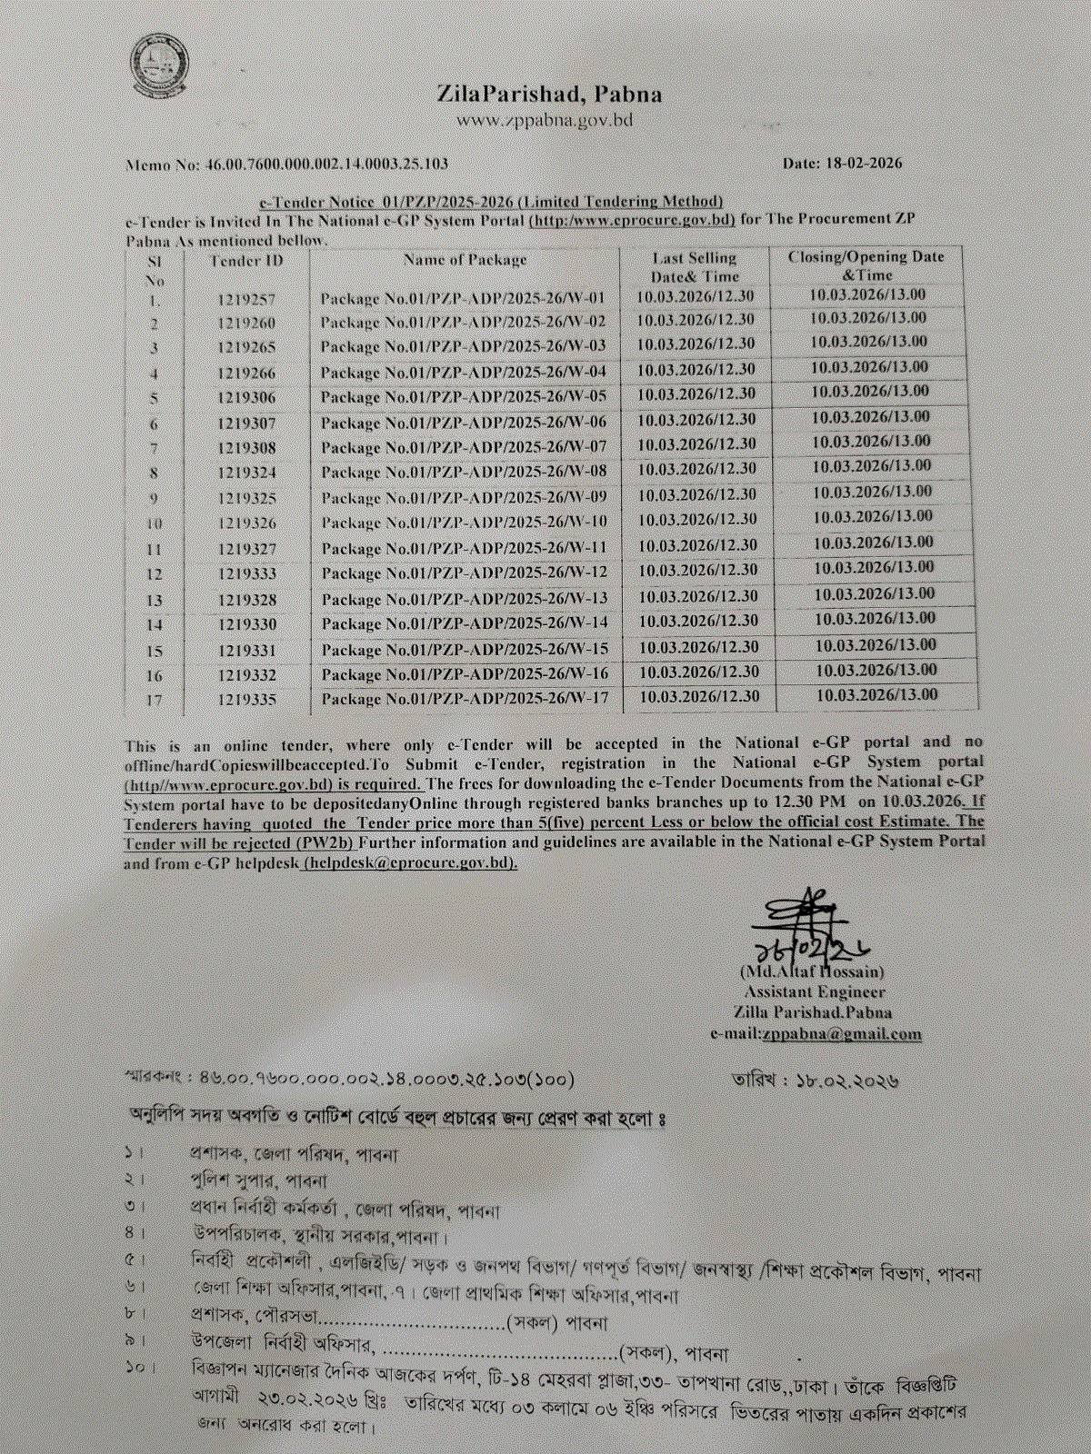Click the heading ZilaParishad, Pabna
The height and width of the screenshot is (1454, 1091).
click(549, 94)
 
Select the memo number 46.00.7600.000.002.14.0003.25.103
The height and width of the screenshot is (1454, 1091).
click(313, 164)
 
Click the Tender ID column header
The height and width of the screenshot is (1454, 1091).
click(246, 261)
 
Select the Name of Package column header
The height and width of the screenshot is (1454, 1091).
click(465, 260)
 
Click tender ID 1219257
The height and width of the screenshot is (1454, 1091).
click(246, 299)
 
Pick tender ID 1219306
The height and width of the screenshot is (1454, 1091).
click(246, 398)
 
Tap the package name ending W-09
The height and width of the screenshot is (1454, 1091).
click(464, 497)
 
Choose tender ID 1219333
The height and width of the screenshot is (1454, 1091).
click(247, 573)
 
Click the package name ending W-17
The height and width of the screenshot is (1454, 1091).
click(465, 699)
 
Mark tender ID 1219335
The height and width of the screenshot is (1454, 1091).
click(247, 699)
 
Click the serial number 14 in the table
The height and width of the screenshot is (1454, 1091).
click(155, 625)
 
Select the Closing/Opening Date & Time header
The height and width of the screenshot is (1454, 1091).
click(866, 265)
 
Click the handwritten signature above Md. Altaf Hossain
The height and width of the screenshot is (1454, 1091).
click(809, 927)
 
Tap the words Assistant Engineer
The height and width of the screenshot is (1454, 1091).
click(814, 991)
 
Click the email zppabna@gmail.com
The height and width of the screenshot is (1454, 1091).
click(842, 1033)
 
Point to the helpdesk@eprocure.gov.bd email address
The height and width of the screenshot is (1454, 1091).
click(410, 862)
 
